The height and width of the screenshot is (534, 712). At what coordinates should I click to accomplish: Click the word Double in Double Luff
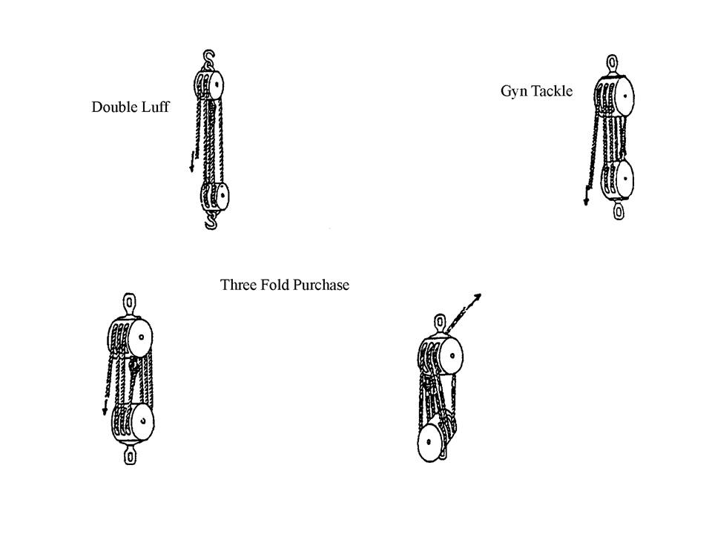[113, 107]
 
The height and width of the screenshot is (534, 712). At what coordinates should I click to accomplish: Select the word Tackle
[553, 91]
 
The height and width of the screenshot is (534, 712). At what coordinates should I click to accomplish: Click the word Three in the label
[238, 285]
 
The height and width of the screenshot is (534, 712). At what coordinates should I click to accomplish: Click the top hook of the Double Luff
[208, 57]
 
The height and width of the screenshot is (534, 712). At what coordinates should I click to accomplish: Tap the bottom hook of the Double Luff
[211, 220]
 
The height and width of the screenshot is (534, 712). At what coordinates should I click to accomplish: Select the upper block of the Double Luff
[211, 85]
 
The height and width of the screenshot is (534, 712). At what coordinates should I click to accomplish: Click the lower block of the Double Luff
[215, 197]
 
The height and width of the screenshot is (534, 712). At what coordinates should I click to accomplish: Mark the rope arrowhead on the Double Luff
[191, 168]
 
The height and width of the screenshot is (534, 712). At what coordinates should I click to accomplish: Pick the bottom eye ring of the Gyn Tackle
[619, 211]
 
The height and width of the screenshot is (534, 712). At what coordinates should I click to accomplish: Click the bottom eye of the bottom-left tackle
[131, 455]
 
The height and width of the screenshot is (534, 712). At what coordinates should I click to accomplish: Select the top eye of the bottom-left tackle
[130, 304]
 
